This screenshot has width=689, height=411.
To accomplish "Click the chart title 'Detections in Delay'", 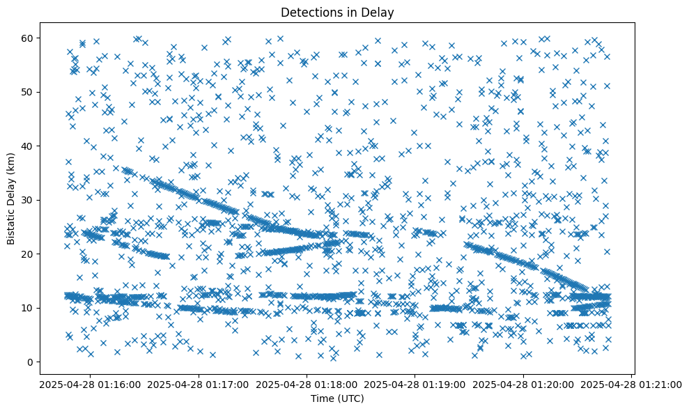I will [x=336, y=12].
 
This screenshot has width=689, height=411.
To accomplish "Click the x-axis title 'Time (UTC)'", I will [x=336, y=398].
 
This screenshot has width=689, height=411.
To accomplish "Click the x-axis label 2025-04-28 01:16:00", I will [x=91, y=384].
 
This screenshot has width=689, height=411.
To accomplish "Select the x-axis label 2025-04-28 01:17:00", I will [x=199, y=384].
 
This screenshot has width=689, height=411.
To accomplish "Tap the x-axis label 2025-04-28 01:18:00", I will [x=307, y=384].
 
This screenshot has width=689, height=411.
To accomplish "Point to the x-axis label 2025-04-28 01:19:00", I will [x=415, y=384].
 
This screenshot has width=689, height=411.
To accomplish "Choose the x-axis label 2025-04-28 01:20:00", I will [x=524, y=384].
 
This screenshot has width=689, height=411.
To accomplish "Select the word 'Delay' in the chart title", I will [x=379, y=12].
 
